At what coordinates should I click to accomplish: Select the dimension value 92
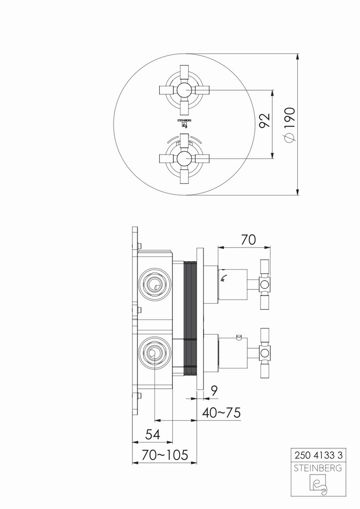coord(265,120)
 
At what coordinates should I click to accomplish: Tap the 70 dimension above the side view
coord(248,240)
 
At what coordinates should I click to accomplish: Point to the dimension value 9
coord(213,391)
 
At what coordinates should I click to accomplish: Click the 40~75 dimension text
coord(221,413)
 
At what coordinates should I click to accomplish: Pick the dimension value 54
coord(153,435)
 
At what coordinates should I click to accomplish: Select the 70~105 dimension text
coord(164,455)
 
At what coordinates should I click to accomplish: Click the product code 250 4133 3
coord(319,455)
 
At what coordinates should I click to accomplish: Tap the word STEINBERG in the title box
coord(318,468)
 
